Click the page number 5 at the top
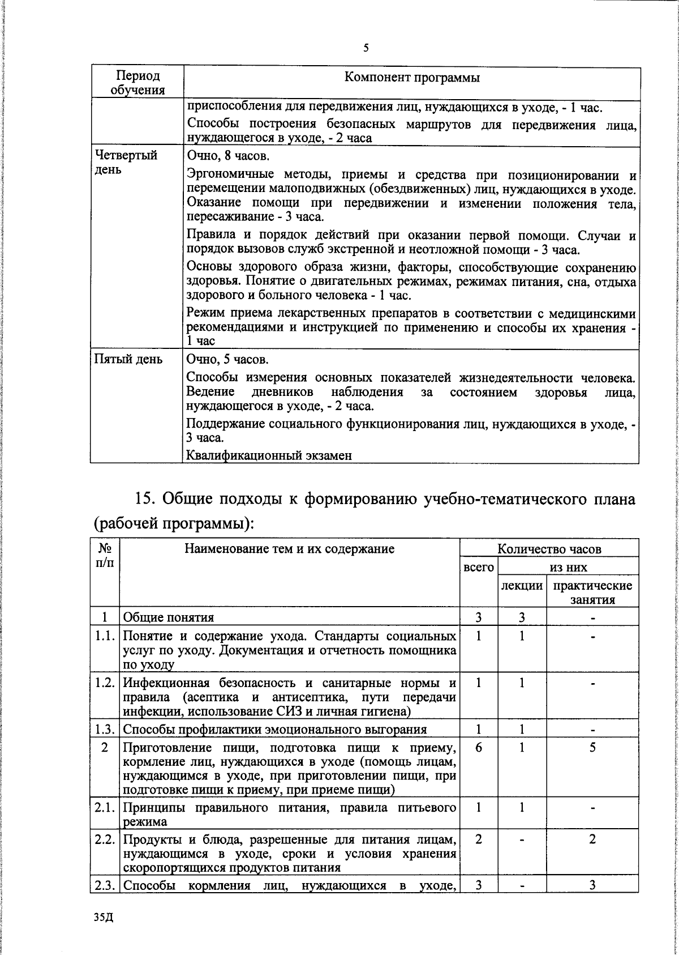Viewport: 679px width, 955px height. tap(366, 49)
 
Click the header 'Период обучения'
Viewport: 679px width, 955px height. tap(137, 83)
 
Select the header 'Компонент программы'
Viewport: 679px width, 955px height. tap(412, 78)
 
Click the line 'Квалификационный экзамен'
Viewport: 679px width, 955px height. tap(269, 455)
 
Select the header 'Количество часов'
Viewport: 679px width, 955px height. tap(549, 548)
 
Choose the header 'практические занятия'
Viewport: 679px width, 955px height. tap(592, 592)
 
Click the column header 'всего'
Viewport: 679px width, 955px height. tap(479, 567)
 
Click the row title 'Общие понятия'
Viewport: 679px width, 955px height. tap(169, 617)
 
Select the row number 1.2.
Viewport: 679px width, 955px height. tap(105, 683)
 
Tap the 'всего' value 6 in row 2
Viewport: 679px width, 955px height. tap(479, 748)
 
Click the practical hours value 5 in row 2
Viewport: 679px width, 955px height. tap(592, 748)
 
